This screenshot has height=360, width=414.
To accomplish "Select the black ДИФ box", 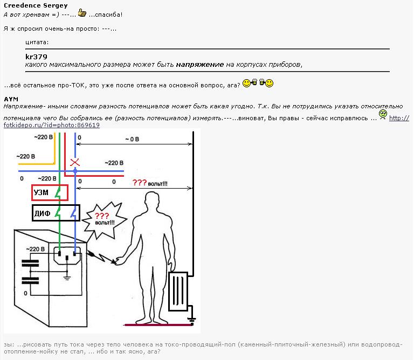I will (56, 213).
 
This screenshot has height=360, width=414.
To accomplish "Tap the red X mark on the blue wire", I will (75, 162).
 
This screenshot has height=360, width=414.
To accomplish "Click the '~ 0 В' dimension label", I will (132, 139).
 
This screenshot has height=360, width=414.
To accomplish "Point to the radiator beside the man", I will (177, 292).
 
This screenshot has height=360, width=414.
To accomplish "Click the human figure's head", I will (151, 205).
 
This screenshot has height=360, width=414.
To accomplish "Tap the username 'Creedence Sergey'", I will (36, 5).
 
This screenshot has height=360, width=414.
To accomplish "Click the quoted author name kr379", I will (36, 57).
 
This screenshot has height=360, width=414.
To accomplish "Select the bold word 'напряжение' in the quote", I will (199, 65).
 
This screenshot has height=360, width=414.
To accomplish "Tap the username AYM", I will (11, 99).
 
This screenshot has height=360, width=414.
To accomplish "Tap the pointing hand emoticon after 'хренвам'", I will (82, 12).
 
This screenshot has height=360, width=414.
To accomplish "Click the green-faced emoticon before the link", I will (383, 114).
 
